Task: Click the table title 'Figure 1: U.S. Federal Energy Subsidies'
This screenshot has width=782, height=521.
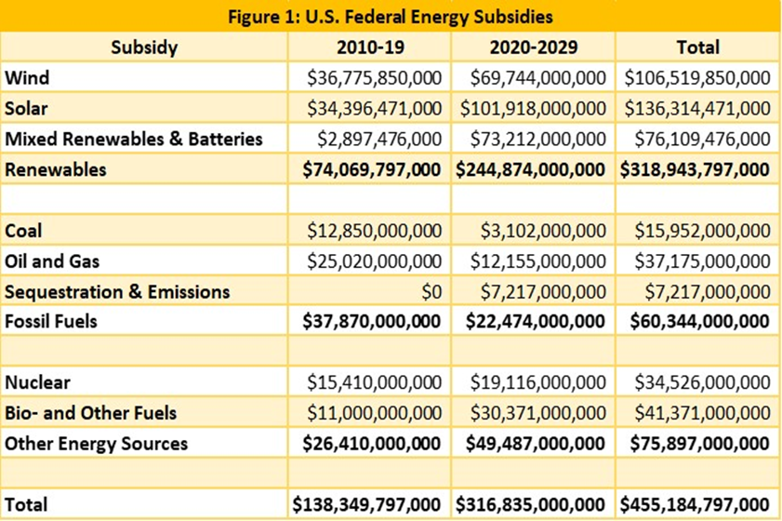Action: click(391, 17)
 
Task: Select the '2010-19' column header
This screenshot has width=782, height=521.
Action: click(370, 47)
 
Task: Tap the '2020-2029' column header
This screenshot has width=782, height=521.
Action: click(533, 47)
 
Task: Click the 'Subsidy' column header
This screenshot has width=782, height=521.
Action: click(144, 47)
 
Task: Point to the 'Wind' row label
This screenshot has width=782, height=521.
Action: click(27, 78)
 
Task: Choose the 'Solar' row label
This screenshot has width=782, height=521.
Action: click(26, 108)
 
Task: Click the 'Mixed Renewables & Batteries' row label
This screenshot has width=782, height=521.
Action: click(134, 139)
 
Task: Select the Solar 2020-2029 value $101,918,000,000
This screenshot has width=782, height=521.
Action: click(533, 108)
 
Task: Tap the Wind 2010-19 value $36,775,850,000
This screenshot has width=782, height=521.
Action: click(374, 78)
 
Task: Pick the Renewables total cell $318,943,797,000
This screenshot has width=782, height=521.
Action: click(695, 169)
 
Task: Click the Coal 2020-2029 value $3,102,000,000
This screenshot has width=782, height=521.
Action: click(543, 231)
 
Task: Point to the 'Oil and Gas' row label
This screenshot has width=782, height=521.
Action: click(52, 261)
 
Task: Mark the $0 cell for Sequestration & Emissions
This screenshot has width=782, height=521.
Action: click(431, 291)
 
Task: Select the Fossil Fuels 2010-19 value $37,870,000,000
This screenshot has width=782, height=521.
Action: click(372, 321)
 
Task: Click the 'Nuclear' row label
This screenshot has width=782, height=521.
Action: click(37, 382)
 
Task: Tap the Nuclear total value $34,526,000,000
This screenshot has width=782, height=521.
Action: click(702, 382)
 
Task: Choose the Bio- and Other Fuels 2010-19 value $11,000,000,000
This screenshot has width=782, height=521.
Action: click(374, 413)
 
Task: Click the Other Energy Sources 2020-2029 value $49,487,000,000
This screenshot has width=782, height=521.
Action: click(536, 444)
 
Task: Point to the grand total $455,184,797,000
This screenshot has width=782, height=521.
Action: click(695, 504)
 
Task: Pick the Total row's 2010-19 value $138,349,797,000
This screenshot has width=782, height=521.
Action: click(366, 504)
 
